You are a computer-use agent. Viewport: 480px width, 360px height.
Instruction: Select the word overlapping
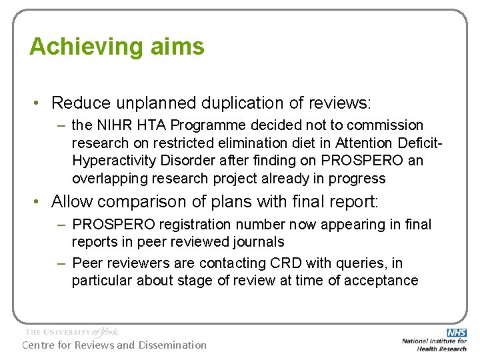tap(107, 179)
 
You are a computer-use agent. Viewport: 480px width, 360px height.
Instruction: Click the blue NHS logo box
tap(457, 332)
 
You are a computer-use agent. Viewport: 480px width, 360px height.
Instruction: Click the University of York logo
tap(71, 331)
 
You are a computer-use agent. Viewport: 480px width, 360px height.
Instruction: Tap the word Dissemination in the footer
tap(172, 345)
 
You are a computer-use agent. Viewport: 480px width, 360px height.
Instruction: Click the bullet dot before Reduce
tap(40, 103)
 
